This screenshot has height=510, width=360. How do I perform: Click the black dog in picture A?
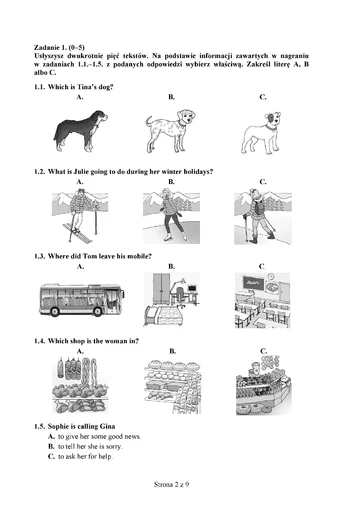80,131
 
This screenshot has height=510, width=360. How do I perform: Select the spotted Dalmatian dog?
170,131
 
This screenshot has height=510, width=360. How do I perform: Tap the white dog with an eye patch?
261,133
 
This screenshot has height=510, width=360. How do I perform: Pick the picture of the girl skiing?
80,216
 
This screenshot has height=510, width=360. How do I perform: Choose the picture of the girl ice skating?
171,216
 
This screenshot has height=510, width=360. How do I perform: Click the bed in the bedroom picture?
164,316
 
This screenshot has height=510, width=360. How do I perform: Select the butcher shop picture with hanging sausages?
80,385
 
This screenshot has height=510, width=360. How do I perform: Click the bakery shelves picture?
172,387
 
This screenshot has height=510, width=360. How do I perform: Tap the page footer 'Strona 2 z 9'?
171,484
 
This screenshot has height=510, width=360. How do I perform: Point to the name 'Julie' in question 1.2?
80,172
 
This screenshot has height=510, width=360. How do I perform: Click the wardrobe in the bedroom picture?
161,288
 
